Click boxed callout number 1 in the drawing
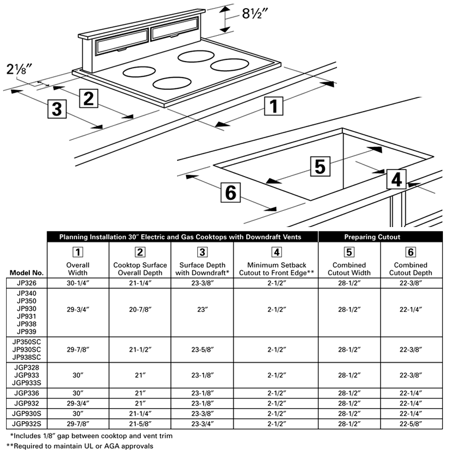[273, 107]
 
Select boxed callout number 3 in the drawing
[57, 109]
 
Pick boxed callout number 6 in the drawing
[231, 192]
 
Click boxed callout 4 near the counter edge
[397, 180]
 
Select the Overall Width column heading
[78, 269]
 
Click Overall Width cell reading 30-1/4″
[78, 283]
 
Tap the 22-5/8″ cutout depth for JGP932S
[411, 423]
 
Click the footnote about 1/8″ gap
[92, 435]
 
